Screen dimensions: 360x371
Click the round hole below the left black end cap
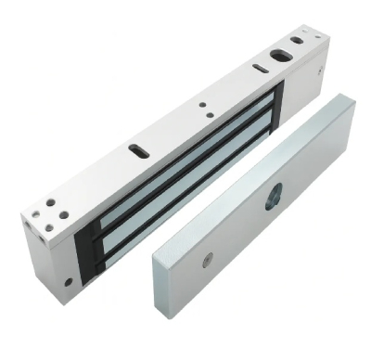click(x=68, y=280)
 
